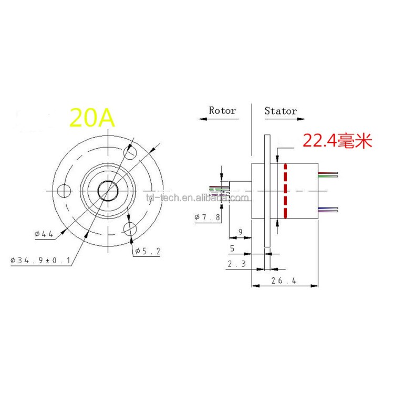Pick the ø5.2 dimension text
click(x=147, y=251)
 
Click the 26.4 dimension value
click(x=284, y=281)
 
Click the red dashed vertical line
click(x=285, y=190)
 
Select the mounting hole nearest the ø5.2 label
click(x=130, y=228)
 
